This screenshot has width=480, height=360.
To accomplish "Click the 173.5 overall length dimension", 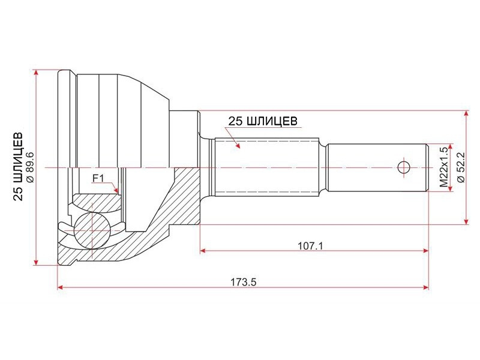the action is point(244,281).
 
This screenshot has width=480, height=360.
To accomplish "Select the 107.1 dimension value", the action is point(310,245).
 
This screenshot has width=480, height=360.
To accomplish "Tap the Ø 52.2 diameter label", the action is point(461,167).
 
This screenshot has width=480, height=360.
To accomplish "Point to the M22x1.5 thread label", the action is point(444,167).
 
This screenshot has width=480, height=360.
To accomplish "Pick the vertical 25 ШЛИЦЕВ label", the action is point(18,167).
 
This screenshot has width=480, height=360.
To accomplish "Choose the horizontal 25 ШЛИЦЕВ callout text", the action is point(263,121).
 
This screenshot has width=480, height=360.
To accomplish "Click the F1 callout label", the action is point(98,178).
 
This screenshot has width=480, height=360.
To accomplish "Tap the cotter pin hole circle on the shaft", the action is point(404,167).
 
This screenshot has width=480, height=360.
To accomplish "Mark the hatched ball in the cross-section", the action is point(92,230).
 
